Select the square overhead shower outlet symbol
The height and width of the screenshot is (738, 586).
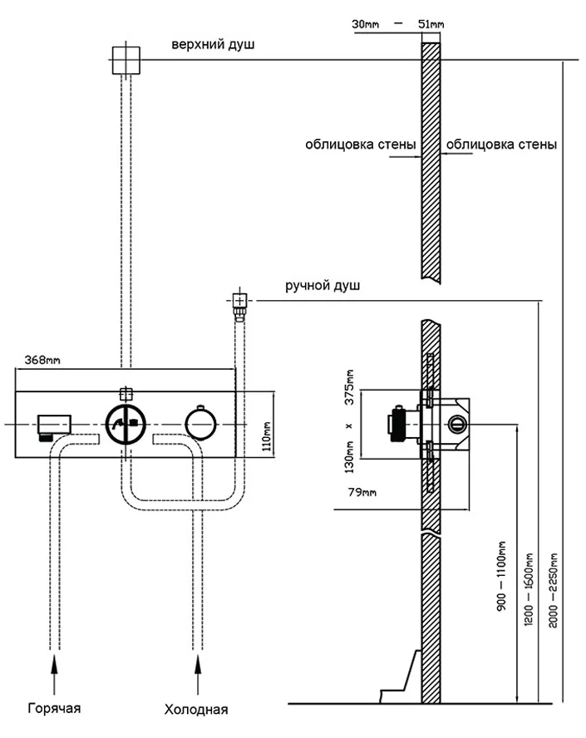pyautogui.click(x=127, y=59)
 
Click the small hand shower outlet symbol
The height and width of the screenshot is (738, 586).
pyautogui.click(x=239, y=301)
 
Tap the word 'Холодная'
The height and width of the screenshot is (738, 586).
pyautogui.click(x=196, y=710)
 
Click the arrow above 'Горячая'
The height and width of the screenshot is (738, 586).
pyautogui.click(x=55, y=671)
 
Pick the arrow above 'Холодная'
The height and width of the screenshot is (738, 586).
pyautogui.click(x=197, y=671)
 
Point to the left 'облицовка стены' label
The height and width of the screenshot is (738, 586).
pyautogui.click(x=360, y=145)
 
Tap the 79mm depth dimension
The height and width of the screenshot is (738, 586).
pyautogui.click(x=359, y=493)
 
